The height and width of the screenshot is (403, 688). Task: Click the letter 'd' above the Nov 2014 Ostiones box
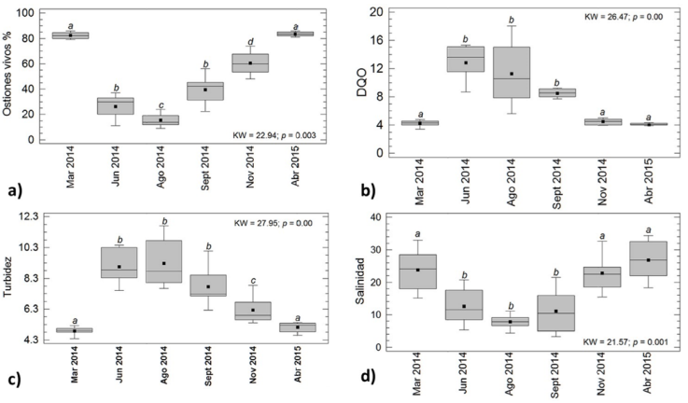[x=250, y=42]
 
